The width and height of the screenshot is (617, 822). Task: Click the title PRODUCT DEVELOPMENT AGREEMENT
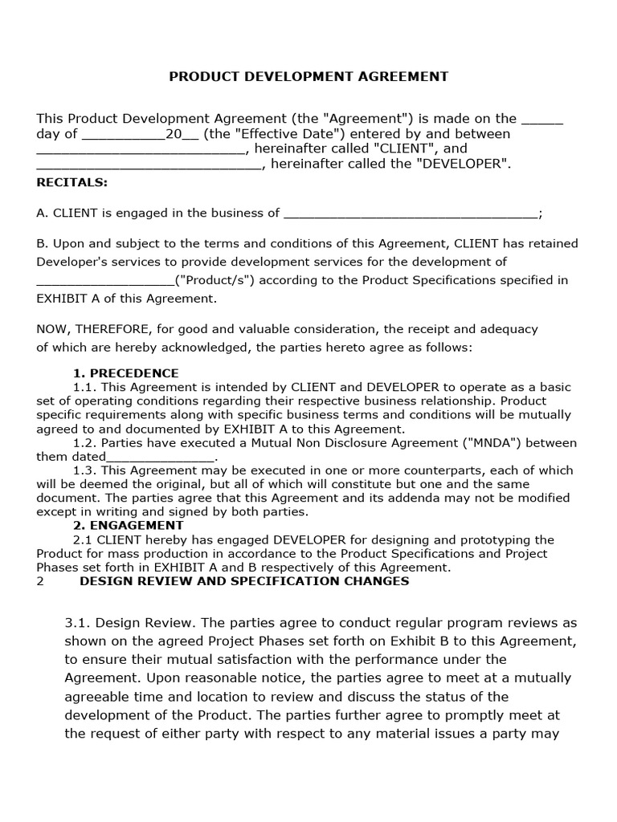[x=308, y=76]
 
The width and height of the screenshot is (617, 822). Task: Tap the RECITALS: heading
[x=72, y=182]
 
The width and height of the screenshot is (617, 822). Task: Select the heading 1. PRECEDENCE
[x=126, y=373]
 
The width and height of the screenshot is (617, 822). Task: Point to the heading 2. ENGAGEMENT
[x=126, y=526]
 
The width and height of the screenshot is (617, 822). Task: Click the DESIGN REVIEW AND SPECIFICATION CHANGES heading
[x=244, y=581]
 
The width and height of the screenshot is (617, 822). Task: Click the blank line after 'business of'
[x=411, y=214]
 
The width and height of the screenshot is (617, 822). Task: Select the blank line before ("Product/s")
[x=104, y=281]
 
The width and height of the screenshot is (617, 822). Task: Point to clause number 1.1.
[x=84, y=387]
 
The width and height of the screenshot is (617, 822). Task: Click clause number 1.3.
[x=84, y=470]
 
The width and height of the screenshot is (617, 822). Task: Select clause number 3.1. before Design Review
[x=79, y=623]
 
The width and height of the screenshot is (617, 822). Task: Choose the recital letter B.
[x=41, y=243]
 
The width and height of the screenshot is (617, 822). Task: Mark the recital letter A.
[x=41, y=213]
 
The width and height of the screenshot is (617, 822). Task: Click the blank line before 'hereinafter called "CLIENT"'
[x=139, y=149]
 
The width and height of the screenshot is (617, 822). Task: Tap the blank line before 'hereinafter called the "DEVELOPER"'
[x=149, y=165]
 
